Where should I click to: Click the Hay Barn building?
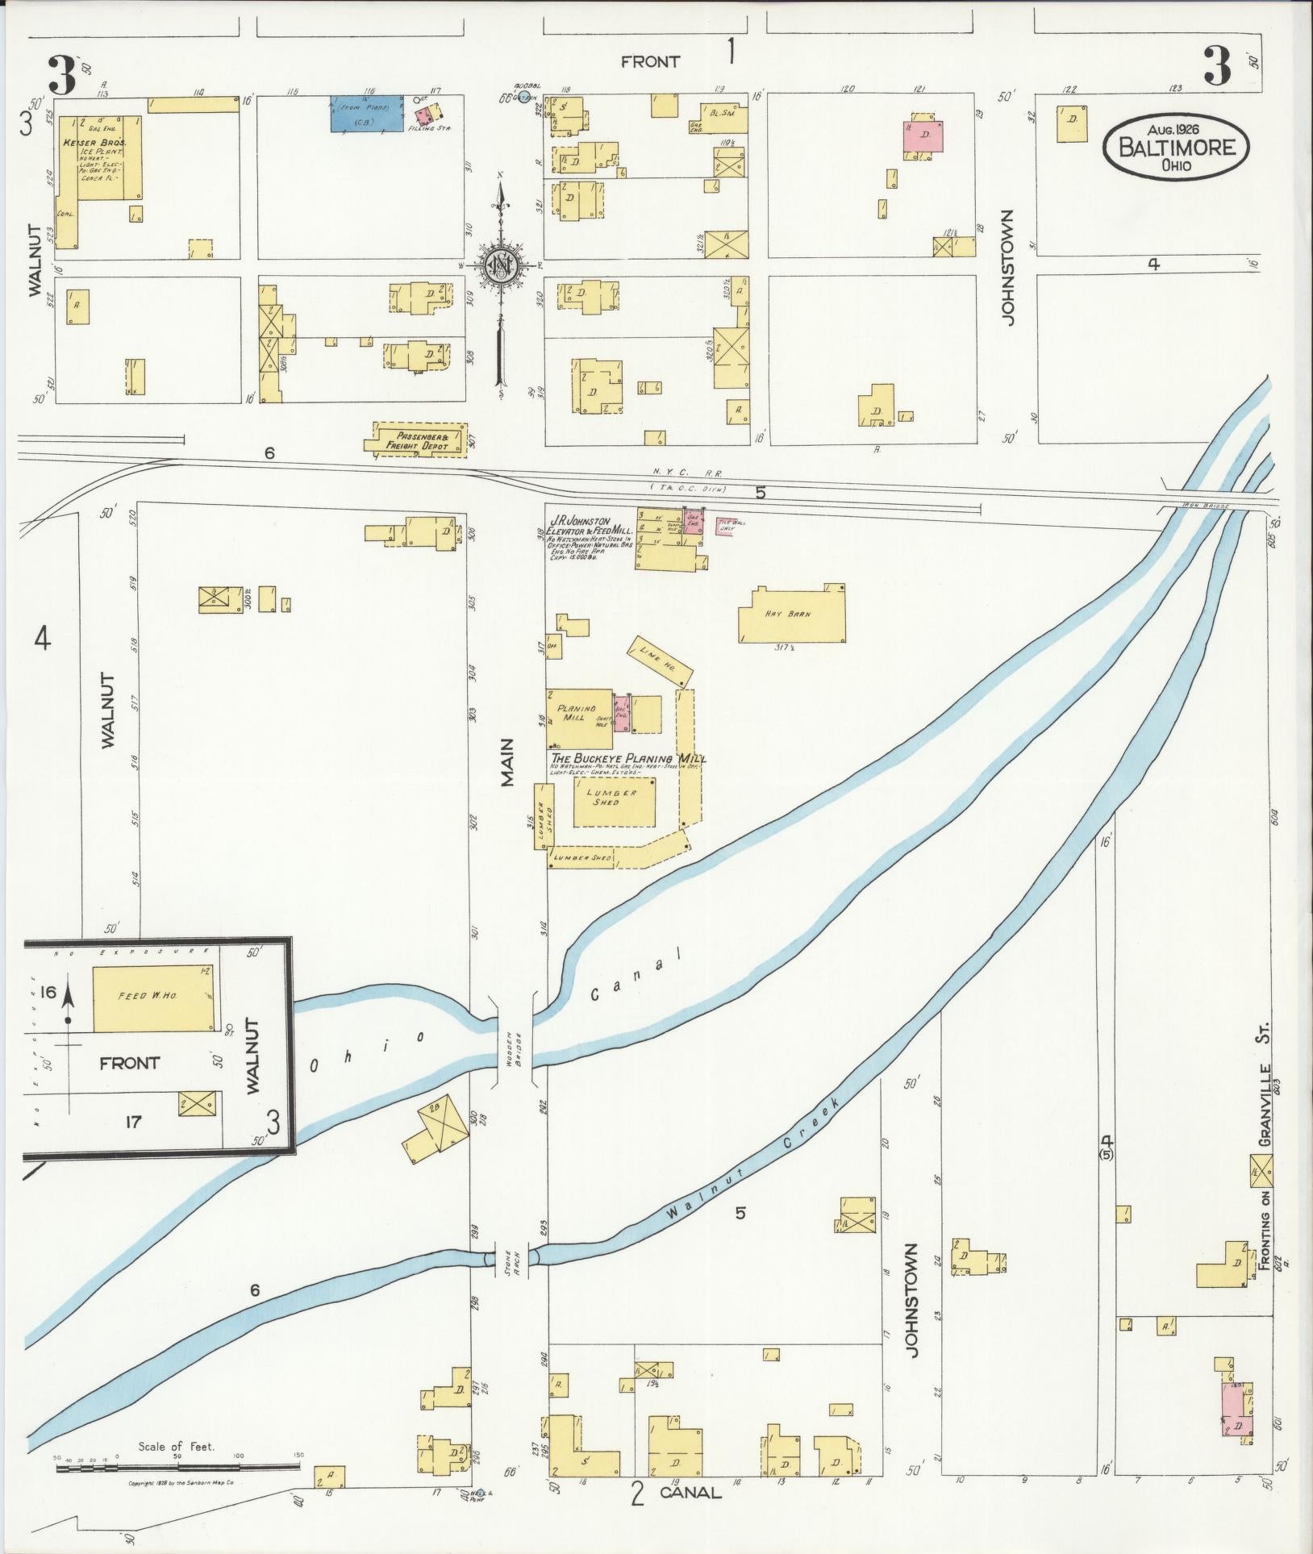coord(791,615)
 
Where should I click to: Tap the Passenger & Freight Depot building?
coord(416,440)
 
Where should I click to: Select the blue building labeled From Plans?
coord(367,114)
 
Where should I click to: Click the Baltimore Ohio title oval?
coord(1176,146)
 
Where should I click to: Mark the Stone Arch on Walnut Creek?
coord(513,1280)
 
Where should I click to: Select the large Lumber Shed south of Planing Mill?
coord(613,801)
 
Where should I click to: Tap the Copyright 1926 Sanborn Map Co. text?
coord(181,1483)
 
